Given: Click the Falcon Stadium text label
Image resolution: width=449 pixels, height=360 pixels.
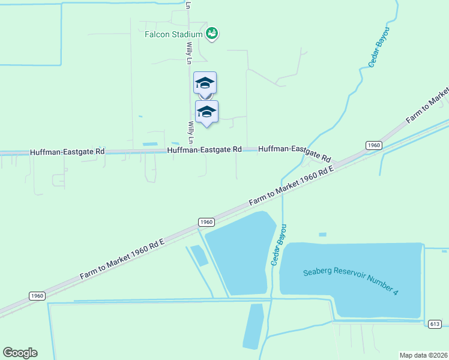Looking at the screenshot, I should click(174, 34).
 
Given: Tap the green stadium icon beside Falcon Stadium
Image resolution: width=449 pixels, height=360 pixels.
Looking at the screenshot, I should click(212, 34).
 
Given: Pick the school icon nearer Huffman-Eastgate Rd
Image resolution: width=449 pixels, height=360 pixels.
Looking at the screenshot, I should click(207, 112).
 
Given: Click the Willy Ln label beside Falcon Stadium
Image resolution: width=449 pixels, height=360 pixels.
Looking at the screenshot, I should click(188, 53).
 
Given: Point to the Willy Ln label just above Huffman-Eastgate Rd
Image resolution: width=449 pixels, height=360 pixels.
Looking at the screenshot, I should click(191, 132).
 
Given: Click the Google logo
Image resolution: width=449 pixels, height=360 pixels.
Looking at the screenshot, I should click(20, 353).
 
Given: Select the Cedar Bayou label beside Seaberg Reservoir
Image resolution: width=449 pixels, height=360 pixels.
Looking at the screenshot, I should click(279, 245).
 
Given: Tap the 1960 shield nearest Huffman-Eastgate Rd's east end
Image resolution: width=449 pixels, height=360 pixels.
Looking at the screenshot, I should click(373, 145).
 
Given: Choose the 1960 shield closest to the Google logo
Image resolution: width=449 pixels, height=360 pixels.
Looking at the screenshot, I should click(37, 295).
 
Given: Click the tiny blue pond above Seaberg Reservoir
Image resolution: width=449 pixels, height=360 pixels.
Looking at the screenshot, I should click(323, 234).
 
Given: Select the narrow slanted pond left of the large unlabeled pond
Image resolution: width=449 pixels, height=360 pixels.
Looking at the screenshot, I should click(199, 255).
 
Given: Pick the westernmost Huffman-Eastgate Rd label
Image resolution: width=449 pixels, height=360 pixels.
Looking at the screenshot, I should click(67, 152).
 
